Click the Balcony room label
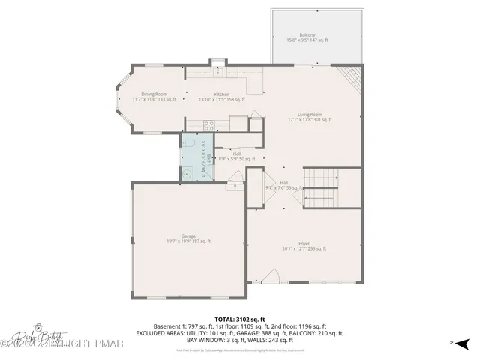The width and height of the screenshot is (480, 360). pos(307,37)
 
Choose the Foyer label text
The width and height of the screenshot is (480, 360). pos(304,245)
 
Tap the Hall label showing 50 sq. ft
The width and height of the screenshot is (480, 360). pos(236,156)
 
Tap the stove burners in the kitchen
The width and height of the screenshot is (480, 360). pos(193,124)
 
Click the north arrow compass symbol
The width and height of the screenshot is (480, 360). pos(461,343)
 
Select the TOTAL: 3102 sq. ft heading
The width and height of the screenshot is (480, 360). pos(240,319)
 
